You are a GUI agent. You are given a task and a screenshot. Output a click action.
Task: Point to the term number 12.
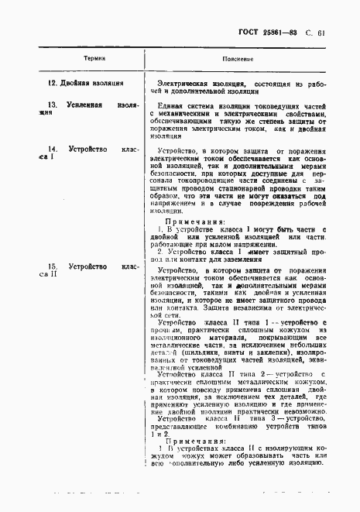[52, 83]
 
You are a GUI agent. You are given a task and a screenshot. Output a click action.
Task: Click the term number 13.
[53, 104]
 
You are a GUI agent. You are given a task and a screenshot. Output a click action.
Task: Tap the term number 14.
[53, 148]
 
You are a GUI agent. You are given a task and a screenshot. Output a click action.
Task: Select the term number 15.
[53, 266]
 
